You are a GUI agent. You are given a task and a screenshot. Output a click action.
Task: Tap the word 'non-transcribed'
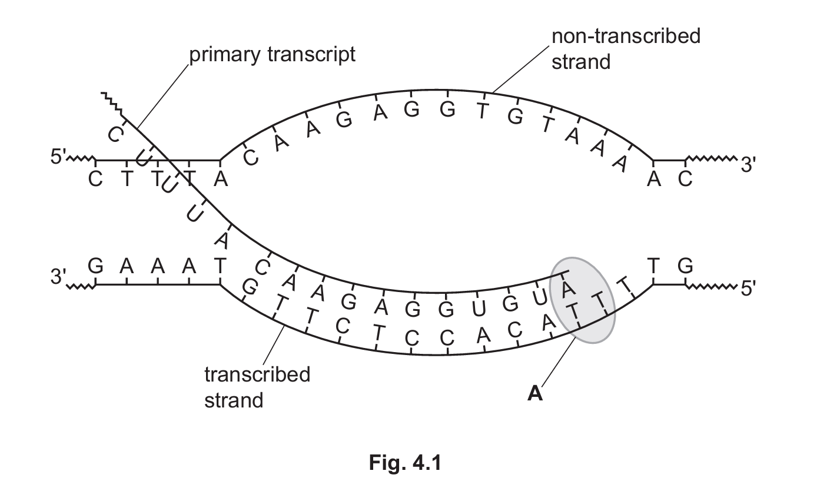[625, 36]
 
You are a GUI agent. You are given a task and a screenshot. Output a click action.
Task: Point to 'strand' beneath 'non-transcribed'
[580, 61]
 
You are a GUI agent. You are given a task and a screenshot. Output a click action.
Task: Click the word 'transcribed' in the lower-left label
[257, 374]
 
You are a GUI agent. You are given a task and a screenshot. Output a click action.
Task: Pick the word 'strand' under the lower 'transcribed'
[233, 400]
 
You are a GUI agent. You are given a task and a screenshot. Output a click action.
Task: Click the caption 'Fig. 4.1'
[405, 463]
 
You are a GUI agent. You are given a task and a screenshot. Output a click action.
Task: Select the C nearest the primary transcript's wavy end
[115, 135]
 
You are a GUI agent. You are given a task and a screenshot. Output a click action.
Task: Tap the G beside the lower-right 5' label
[685, 267]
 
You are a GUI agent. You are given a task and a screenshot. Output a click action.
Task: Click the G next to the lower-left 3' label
[95, 267]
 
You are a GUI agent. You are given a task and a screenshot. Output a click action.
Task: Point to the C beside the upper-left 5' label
[95, 179]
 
